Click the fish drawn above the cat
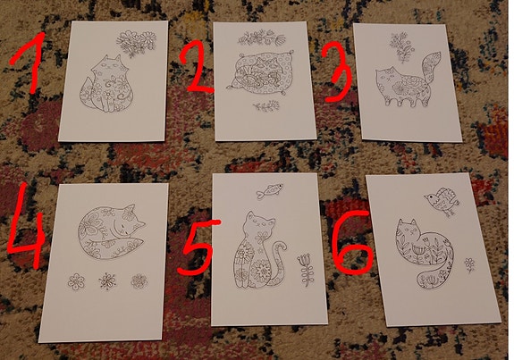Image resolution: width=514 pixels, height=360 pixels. coord(270,190)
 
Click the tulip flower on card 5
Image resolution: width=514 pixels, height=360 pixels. coord(306,270)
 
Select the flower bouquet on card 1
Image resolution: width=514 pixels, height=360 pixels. coord(136,43)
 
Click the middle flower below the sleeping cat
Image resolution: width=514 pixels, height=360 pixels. coord(107,281)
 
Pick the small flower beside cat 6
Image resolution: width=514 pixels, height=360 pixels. coord(469,264)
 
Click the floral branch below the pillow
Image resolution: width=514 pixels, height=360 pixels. coord(266,105)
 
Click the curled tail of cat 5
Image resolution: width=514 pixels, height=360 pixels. coord(278,262)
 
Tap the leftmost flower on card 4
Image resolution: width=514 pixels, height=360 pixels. coord(76,281)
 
